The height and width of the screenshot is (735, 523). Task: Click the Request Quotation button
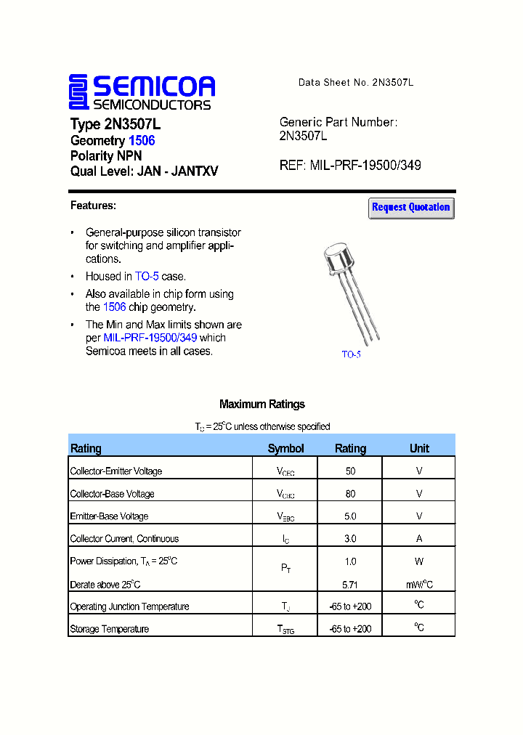pyautogui.click(x=411, y=208)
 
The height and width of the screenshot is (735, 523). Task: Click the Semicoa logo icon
pyautogui.click(x=78, y=92)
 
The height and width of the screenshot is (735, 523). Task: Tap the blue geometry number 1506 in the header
pyautogui.click(x=142, y=140)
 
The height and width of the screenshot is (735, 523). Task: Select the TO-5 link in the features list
pyautogui.click(x=147, y=277)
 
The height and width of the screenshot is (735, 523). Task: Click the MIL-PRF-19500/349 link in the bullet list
pyautogui.click(x=150, y=338)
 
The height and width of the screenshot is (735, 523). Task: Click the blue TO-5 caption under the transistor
pyautogui.click(x=351, y=354)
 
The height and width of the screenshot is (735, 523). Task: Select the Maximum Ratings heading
pyautogui.click(x=261, y=405)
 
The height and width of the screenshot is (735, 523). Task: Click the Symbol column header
pyautogui.click(x=285, y=448)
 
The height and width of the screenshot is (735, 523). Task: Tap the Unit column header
pyautogui.click(x=419, y=448)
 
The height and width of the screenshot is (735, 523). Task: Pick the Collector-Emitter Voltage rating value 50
pyautogui.click(x=350, y=471)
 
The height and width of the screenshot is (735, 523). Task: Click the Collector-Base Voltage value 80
pyautogui.click(x=350, y=494)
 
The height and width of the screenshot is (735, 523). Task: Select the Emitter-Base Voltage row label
pyautogui.click(x=109, y=516)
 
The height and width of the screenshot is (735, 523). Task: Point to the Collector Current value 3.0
pyautogui.click(x=350, y=539)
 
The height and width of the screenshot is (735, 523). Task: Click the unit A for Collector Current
pyautogui.click(x=419, y=539)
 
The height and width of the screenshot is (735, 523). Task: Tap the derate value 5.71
pyautogui.click(x=350, y=585)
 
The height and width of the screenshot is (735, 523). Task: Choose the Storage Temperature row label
pyautogui.click(x=109, y=629)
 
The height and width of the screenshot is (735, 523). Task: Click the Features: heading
pyautogui.click(x=93, y=206)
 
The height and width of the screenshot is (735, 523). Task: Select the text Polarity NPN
pyautogui.click(x=106, y=156)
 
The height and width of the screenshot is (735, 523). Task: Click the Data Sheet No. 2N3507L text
pyautogui.click(x=356, y=83)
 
